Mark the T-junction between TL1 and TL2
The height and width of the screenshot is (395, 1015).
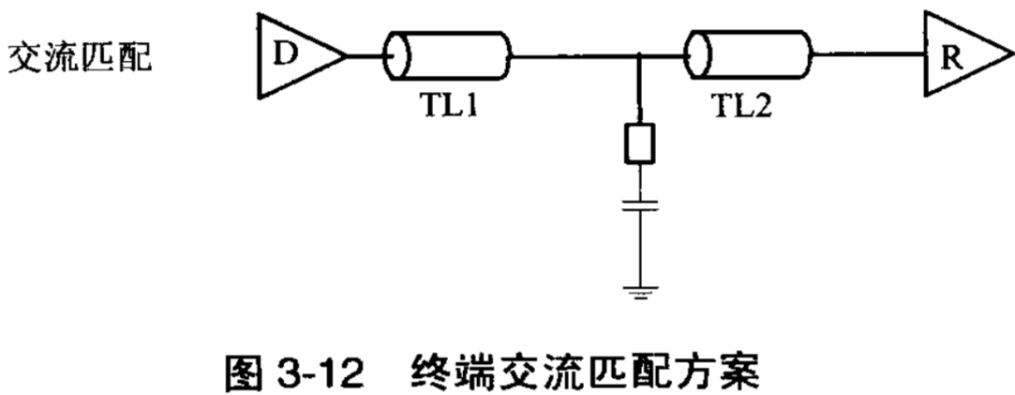click(639, 55)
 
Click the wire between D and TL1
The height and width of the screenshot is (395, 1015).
click(365, 55)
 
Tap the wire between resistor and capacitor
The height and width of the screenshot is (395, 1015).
click(639, 180)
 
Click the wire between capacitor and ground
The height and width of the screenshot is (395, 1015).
click(639, 249)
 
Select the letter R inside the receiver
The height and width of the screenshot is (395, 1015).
click(949, 55)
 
